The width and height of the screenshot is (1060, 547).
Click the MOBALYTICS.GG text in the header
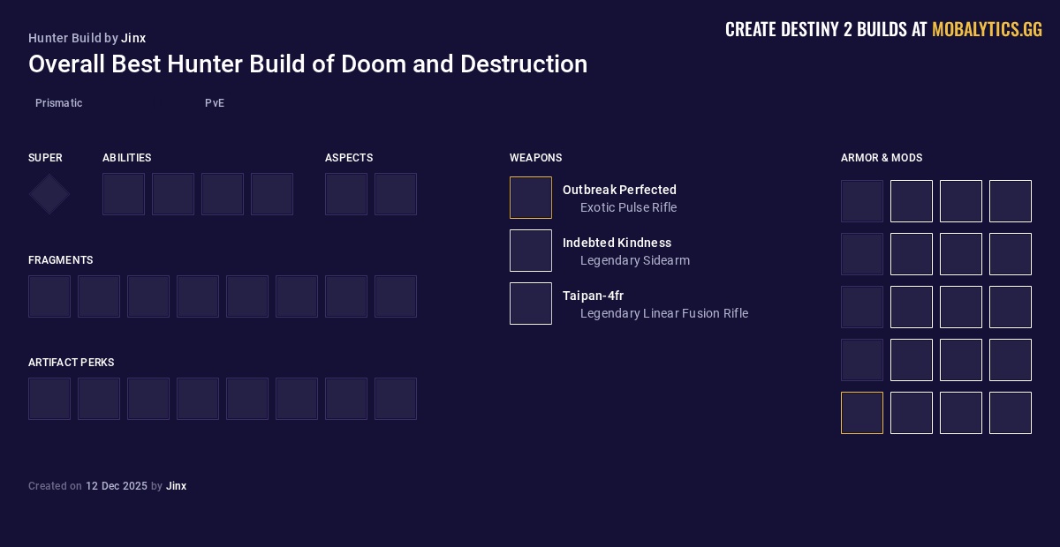987,30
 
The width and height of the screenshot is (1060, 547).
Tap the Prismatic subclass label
58,103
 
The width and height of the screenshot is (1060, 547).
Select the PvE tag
215,103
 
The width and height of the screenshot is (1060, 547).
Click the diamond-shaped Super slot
49,194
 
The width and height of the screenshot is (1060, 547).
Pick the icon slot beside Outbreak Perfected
531,198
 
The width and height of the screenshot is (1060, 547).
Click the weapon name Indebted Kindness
617,243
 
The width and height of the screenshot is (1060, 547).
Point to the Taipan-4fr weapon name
593,296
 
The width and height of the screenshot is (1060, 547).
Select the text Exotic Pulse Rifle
628,207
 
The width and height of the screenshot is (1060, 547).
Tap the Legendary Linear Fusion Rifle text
663,313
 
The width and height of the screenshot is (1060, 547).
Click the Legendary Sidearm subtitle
634,260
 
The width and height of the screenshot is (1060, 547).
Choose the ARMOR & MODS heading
881,158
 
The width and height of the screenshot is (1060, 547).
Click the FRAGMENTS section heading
60,260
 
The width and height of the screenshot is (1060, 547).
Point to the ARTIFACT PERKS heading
71,363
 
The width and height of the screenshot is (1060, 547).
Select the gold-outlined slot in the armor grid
862,413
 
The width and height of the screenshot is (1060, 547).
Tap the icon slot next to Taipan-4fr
531,303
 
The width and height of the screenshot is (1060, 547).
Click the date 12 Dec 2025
117,486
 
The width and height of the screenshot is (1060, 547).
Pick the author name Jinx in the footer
176,486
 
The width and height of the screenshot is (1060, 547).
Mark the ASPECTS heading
348,158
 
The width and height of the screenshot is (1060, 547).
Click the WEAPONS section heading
535,158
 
